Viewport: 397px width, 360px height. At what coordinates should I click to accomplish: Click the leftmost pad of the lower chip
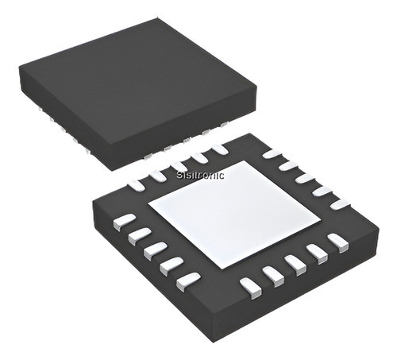pos(123,219)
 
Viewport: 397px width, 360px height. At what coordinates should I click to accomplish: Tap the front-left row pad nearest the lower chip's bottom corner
pos(189,278)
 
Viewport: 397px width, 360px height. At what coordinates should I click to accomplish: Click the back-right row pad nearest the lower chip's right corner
pos(340,203)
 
